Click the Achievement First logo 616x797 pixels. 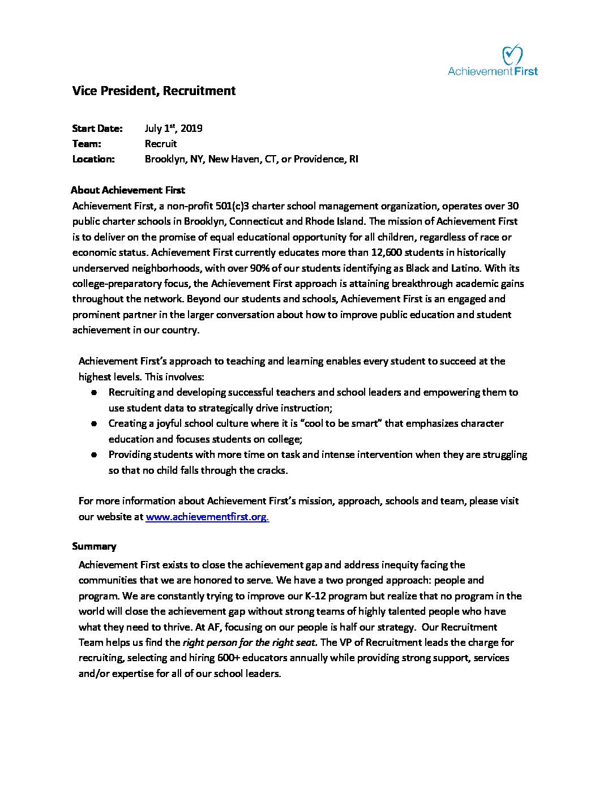[x=493, y=61]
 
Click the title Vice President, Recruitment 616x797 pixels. [x=153, y=91]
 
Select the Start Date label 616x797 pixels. [x=97, y=128]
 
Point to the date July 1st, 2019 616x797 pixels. [x=173, y=128]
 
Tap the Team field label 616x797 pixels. [x=87, y=144]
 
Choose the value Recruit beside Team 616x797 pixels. [x=161, y=144]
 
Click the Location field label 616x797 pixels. [x=93, y=159]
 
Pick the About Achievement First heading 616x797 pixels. [x=128, y=190]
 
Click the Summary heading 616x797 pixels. [x=94, y=546]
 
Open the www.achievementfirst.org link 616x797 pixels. [x=207, y=517]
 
